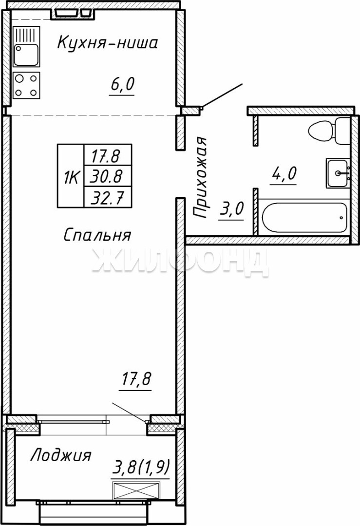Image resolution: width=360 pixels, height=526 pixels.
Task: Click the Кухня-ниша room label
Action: pos(107,43)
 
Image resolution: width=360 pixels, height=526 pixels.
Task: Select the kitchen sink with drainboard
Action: pos(26,46)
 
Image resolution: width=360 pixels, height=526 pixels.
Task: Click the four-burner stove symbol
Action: pos(26,85)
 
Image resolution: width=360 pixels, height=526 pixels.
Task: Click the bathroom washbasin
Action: pos(338,173)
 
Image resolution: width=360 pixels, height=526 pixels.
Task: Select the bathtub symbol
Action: pos(303,218)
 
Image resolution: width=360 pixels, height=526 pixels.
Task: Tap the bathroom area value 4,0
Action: pos(284,174)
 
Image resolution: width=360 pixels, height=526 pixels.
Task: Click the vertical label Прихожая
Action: pos(200,177)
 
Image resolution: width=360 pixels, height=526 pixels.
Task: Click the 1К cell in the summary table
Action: pos(71,176)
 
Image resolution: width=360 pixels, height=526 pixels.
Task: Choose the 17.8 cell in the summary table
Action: pos(107,155)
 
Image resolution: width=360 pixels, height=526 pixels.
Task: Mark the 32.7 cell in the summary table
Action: pos(107,197)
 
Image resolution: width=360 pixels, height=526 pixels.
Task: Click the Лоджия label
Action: pos(61,455)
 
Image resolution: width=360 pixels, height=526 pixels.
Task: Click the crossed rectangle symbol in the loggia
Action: pos(136,491)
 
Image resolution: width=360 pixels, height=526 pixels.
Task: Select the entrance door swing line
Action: pos(222,96)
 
